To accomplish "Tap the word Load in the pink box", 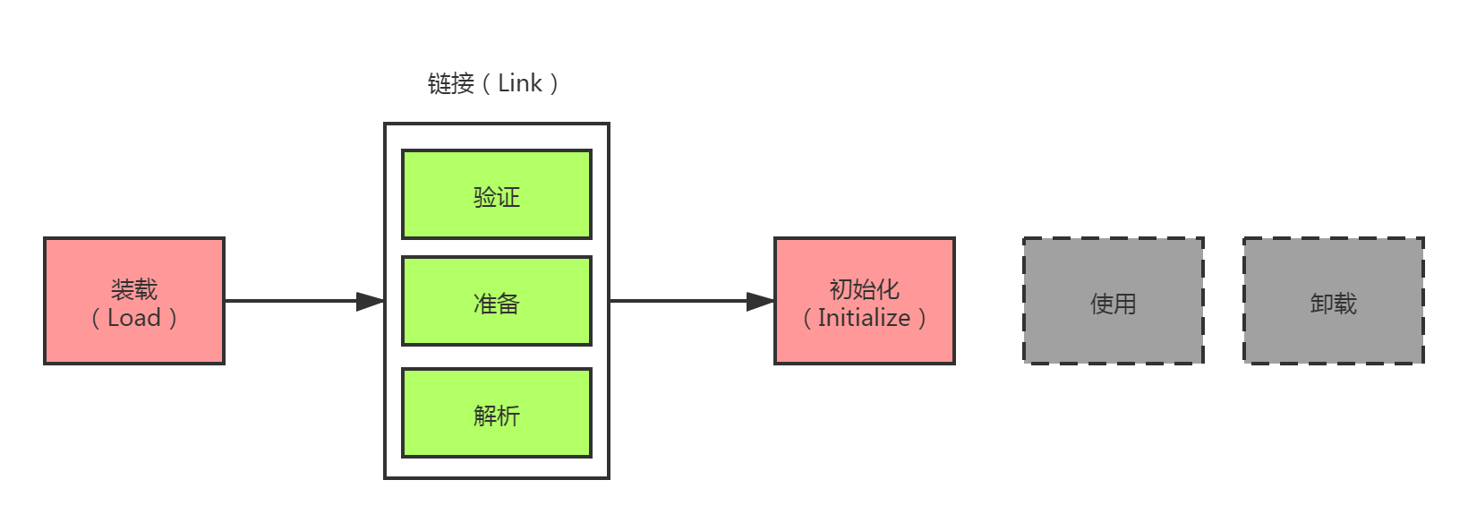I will tap(134, 318).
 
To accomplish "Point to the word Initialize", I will tap(864, 318).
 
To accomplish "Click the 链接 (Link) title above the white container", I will tap(493, 83).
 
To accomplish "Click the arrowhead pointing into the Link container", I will tap(371, 302).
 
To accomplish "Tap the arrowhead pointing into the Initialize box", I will tap(761, 302).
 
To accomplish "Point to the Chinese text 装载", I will tap(134, 289).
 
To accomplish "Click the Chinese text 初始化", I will tap(864, 289).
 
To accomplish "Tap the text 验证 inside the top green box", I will tap(497, 197).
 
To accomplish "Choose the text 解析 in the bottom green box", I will tap(497, 416).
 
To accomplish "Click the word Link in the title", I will tap(520, 83).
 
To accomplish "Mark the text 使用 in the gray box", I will tap(1114, 304).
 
